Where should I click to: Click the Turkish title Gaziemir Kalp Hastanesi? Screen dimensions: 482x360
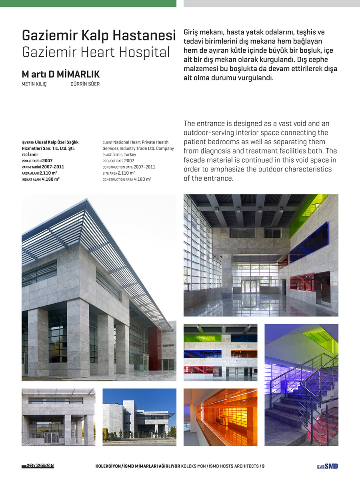pos(98,36)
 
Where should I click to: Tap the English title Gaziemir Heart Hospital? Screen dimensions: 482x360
pos(96,52)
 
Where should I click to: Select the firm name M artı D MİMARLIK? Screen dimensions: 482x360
pos(60,75)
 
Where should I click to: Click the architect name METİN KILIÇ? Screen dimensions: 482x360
pos(34,84)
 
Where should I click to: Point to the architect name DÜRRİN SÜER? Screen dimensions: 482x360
pos(85,84)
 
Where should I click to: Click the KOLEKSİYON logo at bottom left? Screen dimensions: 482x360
pos(38,466)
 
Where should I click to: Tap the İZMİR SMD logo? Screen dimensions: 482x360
pos(327,466)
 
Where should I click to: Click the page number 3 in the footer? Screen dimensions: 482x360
pos(263,466)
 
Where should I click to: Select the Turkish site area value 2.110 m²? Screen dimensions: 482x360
pos(48,173)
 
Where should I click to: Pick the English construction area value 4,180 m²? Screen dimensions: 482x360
pos(142,179)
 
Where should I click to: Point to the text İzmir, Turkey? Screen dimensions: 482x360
pos(125,155)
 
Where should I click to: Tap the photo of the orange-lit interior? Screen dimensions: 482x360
pos(220,417)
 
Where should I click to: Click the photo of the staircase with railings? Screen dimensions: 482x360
pos(301,384)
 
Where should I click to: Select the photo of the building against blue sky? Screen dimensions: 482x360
pos(139,417)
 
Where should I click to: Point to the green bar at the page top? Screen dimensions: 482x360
pos(88,3)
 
